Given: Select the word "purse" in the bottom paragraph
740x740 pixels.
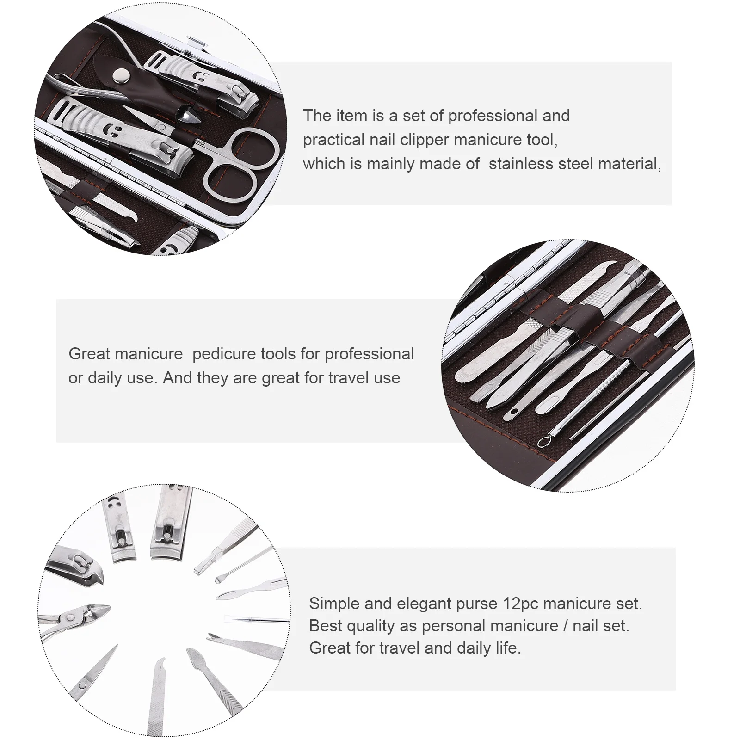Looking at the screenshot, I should [x=474, y=604].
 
